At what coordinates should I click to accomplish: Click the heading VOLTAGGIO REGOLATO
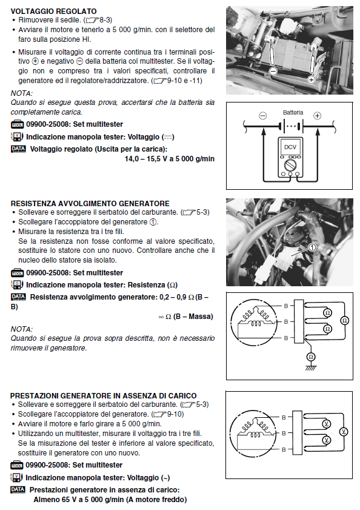[x=53, y=11]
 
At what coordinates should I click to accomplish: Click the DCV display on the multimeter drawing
[x=290, y=147]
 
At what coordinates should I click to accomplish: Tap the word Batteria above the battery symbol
[x=293, y=113]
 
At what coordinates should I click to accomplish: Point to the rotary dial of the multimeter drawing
[x=290, y=166]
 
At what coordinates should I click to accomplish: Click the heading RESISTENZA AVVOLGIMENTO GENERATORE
[x=90, y=204]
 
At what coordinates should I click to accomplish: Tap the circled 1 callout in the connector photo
[x=312, y=247]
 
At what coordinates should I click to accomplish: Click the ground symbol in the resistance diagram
[x=310, y=368]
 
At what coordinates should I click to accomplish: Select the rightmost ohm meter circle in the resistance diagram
[x=344, y=320]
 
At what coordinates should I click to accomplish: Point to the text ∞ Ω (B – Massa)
[x=185, y=317]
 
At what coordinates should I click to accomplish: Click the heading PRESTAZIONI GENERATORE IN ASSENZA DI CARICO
[x=104, y=396]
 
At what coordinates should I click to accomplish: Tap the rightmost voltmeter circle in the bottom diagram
[x=344, y=432]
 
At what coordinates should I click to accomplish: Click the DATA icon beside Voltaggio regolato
[x=18, y=149]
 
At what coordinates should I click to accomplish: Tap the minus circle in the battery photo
[x=273, y=70]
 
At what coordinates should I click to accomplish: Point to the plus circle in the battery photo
[x=312, y=79]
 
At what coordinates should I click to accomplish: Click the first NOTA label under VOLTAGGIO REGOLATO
[x=21, y=93]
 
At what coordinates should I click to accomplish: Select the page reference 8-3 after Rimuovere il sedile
[x=105, y=20]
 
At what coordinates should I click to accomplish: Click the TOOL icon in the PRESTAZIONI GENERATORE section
[x=17, y=465]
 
